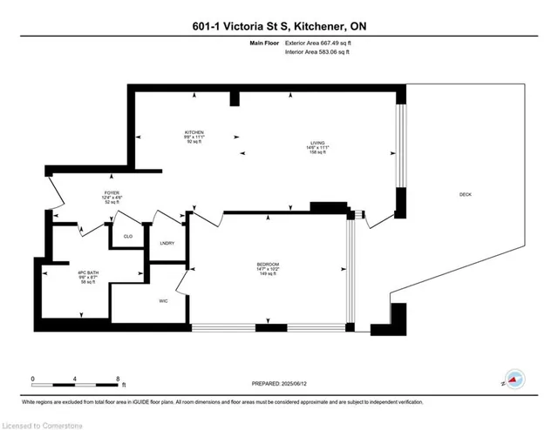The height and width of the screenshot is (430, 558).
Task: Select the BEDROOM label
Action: pos(268,264)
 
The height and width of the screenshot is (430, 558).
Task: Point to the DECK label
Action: pos(466,194)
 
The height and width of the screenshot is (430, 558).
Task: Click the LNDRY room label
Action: pos(167,243)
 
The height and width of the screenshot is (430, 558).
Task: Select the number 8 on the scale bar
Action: pos(118,379)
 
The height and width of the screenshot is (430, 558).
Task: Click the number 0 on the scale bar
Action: pos(32,379)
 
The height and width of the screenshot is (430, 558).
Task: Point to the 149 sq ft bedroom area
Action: pos(268,275)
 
